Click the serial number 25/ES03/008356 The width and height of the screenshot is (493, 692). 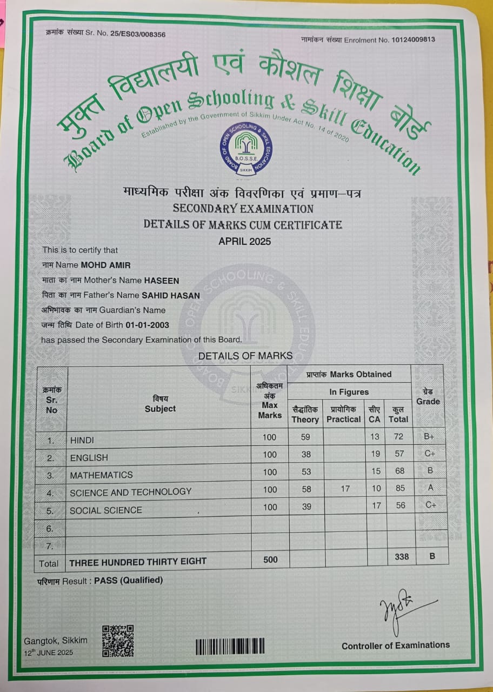point(137,34)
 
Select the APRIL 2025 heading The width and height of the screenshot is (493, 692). point(244,241)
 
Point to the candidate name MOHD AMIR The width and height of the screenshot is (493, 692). point(105,265)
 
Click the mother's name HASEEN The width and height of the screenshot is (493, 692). point(161,281)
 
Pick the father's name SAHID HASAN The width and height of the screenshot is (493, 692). point(170,295)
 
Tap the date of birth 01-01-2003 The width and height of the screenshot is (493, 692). point(147,325)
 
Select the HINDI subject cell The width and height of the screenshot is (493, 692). point(82,441)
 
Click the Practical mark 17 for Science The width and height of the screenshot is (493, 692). point(345,489)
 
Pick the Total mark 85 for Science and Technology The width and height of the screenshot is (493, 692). point(400,488)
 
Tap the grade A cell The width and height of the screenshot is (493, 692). point(430,488)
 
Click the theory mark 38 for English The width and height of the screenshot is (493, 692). point(306,455)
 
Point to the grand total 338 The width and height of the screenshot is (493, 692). point(402,556)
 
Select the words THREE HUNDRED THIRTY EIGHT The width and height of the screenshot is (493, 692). point(138,561)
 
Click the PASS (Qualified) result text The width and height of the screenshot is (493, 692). point(129,580)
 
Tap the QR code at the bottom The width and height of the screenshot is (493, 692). point(118,641)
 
